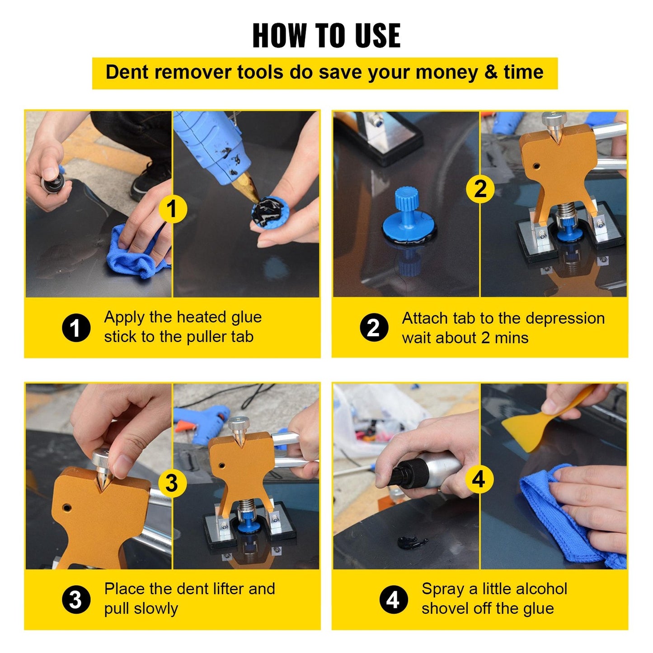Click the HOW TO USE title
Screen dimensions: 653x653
pyautogui.click(x=326, y=35)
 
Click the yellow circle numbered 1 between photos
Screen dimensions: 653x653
pyautogui.click(x=172, y=209)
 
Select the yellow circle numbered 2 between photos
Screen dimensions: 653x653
pyautogui.click(x=480, y=188)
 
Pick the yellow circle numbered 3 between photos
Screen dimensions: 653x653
pyautogui.click(x=172, y=483)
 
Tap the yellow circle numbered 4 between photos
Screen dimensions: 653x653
pyautogui.click(x=479, y=479)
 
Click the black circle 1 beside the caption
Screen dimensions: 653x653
pyautogui.click(x=76, y=328)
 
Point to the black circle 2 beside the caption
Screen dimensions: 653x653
pyautogui.click(x=374, y=328)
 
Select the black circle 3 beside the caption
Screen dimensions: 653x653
pyautogui.click(x=76, y=600)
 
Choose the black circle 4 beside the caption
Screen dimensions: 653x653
pyautogui.click(x=393, y=600)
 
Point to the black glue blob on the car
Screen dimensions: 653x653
pyautogui.click(x=411, y=542)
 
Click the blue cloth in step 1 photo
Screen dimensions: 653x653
pyautogui.click(x=136, y=253)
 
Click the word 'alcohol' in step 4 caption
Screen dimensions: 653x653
pyautogui.click(x=541, y=589)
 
